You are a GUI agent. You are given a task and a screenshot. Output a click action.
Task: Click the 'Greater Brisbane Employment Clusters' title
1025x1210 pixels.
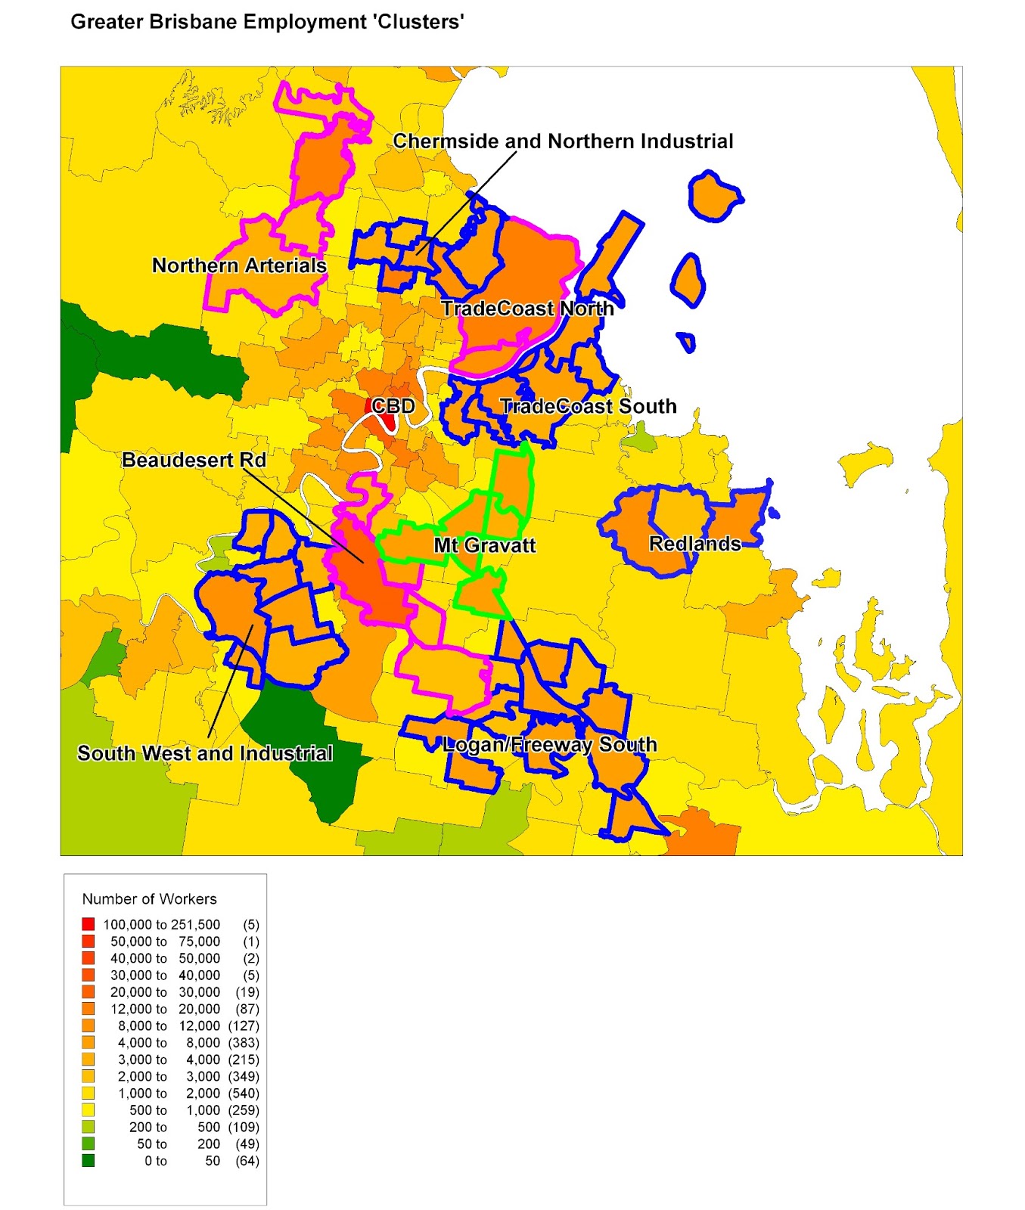[x=267, y=21]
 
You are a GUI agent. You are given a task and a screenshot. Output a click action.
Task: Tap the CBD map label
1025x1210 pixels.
[x=394, y=406]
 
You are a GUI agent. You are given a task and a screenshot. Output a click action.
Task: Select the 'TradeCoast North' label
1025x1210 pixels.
[x=527, y=309]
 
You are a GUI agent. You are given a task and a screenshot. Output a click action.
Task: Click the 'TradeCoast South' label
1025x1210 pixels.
[x=589, y=406]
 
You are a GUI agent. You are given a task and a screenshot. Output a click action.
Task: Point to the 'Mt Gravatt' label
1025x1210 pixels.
[x=485, y=545]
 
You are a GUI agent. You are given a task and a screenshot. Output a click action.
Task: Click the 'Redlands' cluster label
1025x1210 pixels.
[x=694, y=544]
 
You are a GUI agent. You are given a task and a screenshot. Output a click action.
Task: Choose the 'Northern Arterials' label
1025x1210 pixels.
[x=239, y=265]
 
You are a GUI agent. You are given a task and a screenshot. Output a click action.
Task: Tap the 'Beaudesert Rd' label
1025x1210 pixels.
[x=194, y=460]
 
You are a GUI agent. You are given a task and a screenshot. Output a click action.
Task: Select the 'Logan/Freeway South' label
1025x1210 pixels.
[x=550, y=744]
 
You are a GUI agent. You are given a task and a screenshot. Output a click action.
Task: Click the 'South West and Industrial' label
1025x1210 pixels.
[x=205, y=753]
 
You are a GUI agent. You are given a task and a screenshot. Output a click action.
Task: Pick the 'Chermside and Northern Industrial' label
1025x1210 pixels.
[x=563, y=141]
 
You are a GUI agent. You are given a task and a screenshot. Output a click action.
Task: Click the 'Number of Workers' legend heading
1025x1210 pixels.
[x=149, y=899]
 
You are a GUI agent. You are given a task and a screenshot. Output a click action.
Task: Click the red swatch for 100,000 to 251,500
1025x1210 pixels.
[x=89, y=924]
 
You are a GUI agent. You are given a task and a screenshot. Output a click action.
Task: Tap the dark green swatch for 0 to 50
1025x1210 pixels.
[x=89, y=1161]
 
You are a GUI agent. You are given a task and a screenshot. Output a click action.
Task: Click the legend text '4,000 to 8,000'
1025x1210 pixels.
[x=168, y=1043]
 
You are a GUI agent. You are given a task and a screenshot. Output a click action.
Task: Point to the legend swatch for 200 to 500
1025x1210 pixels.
[x=89, y=1127]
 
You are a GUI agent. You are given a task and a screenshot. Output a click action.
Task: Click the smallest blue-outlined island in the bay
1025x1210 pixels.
[x=687, y=342]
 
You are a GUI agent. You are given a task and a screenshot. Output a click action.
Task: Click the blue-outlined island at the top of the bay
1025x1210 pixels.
[x=713, y=197]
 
